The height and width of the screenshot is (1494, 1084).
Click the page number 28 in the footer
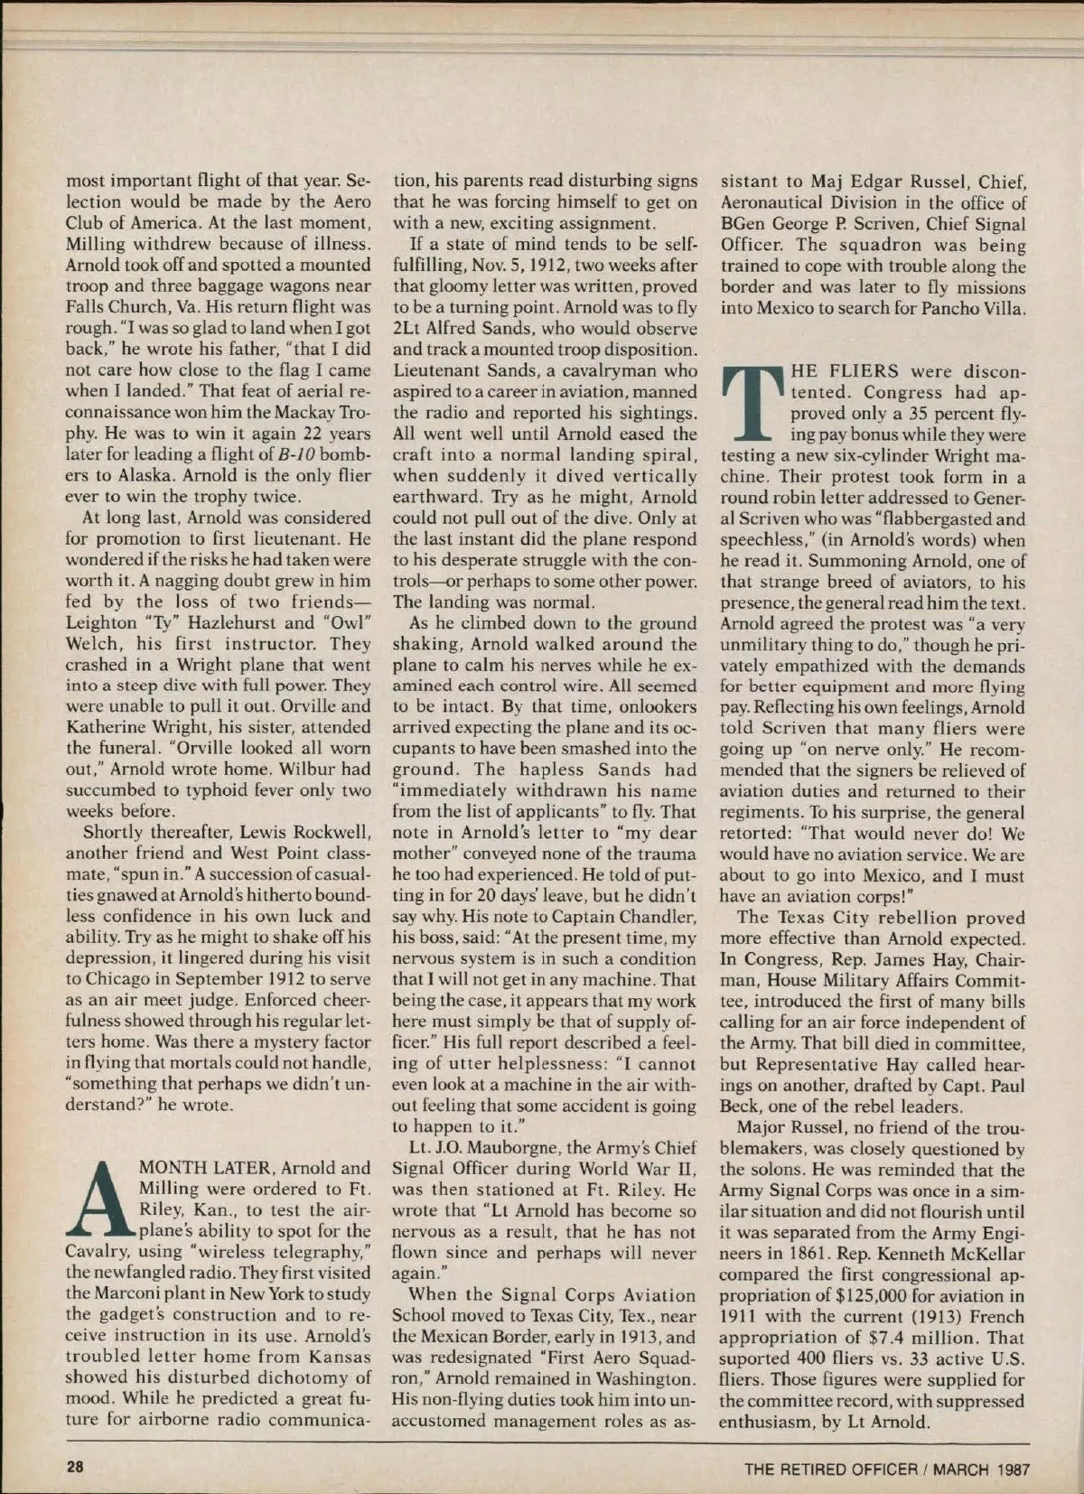click(x=74, y=1468)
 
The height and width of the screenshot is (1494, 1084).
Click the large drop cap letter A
click(x=99, y=1199)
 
